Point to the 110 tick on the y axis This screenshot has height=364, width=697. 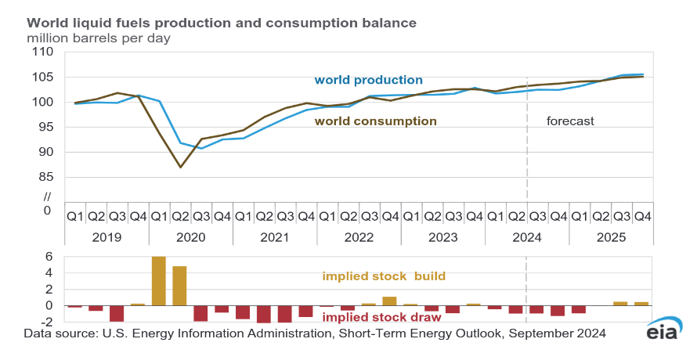pyautogui.click(x=41, y=52)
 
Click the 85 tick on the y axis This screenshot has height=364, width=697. pyautogui.click(x=44, y=177)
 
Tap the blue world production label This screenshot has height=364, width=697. pyautogui.click(x=368, y=80)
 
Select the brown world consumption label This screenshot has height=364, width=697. pyautogui.click(x=375, y=121)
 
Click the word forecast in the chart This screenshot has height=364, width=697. pyautogui.click(x=570, y=121)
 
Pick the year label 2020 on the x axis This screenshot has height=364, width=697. pyautogui.click(x=190, y=236)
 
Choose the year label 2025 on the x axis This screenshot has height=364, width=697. pyautogui.click(x=611, y=236)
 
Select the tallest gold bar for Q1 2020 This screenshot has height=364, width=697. pyautogui.click(x=159, y=281)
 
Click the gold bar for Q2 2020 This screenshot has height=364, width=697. pyautogui.click(x=179, y=286)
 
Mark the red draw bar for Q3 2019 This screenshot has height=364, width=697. pyautogui.click(x=117, y=313)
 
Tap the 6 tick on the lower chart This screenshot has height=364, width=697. pyautogui.click(x=49, y=257)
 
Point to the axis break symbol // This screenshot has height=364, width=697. pyautogui.click(x=46, y=196)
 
